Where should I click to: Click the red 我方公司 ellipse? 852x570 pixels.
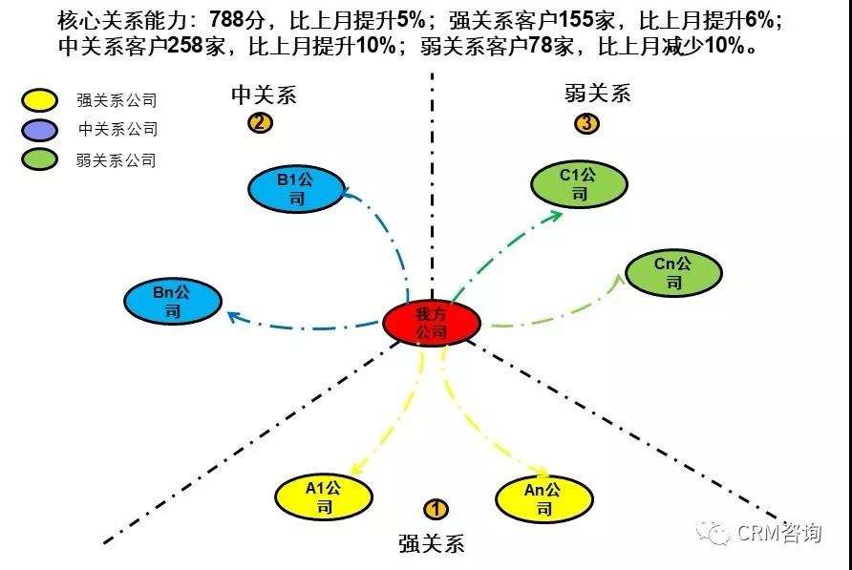(x=431, y=324)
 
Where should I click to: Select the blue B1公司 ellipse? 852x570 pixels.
(x=296, y=189)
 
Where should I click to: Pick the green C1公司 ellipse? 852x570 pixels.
(x=579, y=184)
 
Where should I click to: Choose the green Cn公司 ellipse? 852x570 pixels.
(x=673, y=272)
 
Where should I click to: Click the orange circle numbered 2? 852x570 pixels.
(x=259, y=123)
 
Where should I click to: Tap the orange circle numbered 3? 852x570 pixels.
(x=587, y=123)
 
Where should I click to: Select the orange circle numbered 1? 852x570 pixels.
(x=436, y=510)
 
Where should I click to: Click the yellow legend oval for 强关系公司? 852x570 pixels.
(x=40, y=99)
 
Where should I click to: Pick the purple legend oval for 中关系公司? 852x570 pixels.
(x=40, y=129)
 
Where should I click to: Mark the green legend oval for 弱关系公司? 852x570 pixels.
(x=40, y=159)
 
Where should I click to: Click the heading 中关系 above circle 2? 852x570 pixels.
(x=264, y=95)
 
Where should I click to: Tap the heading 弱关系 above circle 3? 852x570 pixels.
(x=598, y=94)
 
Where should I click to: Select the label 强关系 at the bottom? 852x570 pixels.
(x=432, y=544)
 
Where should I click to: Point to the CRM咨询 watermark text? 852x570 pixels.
(x=778, y=533)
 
